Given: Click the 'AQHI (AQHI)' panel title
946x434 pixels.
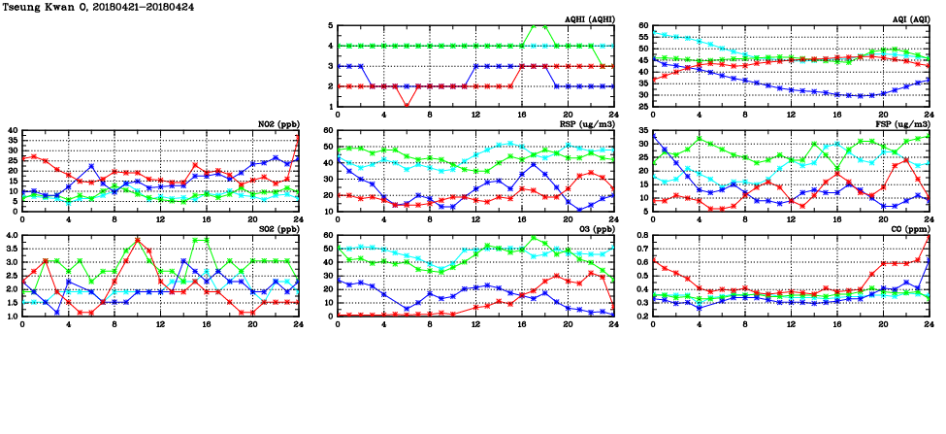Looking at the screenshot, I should pos(590,18).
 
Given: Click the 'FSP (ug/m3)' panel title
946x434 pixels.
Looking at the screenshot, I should pos(904,124).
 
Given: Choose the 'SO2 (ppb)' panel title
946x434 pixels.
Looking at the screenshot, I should pos(277,229).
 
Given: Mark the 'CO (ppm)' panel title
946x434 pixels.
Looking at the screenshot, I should pos(908,229).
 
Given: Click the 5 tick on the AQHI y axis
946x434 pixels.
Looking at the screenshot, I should pos(330,26).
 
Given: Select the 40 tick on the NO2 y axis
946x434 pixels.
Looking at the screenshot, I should pos(13,131).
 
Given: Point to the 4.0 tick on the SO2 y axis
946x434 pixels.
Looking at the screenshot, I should pos(11,236).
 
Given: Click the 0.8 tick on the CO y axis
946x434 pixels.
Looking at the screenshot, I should pos(642,236).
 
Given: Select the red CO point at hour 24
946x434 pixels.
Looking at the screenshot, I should pos(929,238).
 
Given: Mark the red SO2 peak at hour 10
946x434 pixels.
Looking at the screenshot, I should pos(138,240).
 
